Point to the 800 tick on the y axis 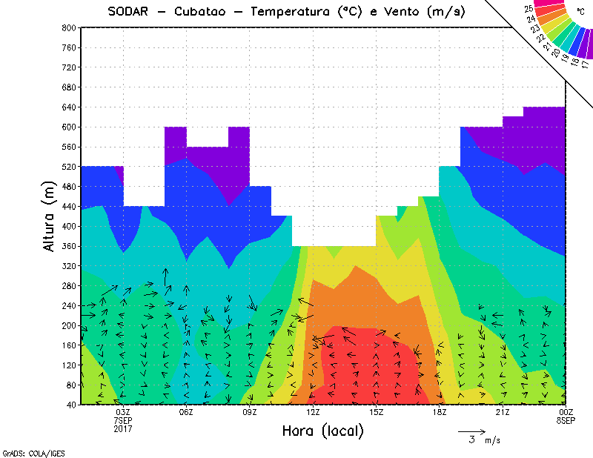(x=67, y=27)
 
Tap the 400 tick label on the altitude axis (x=67, y=226)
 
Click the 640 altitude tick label (x=67, y=107)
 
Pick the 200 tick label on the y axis (x=67, y=325)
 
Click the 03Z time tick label (x=124, y=412)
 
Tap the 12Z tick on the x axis (x=313, y=412)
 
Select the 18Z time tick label (x=440, y=412)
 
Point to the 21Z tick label (x=503, y=412)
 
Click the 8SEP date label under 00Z (x=566, y=420)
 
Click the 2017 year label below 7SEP (x=124, y=428)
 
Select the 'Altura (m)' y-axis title (x=50, y=216)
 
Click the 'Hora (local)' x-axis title (x=322, y=431)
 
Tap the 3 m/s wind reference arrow (x=471, y=431)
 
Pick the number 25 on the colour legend (x=529, y=9)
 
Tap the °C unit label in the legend (x=580, y=11)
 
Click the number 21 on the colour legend (x=548, y=46)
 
